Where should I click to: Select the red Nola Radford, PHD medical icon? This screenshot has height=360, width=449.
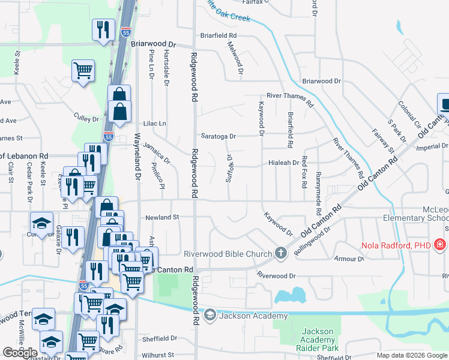click(x=439, y=245)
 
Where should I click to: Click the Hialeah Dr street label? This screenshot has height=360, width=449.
click(x=283, y=163)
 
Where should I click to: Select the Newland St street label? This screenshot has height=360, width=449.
click(x=162, y=217)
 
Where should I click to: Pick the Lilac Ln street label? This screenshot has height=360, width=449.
click(x=154, y=124)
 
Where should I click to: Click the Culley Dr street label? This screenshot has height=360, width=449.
click(x=86, y=119)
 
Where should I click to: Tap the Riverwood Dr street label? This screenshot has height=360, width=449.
click(x=277, y=276)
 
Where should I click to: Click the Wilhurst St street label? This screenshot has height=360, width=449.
click(x=159, y=355)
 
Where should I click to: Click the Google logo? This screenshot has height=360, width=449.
click(x=20, y=353)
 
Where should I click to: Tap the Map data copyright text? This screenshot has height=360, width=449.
click(x=411, y=355)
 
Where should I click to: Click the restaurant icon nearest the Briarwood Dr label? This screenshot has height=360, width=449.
click(x=103, y=29)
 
